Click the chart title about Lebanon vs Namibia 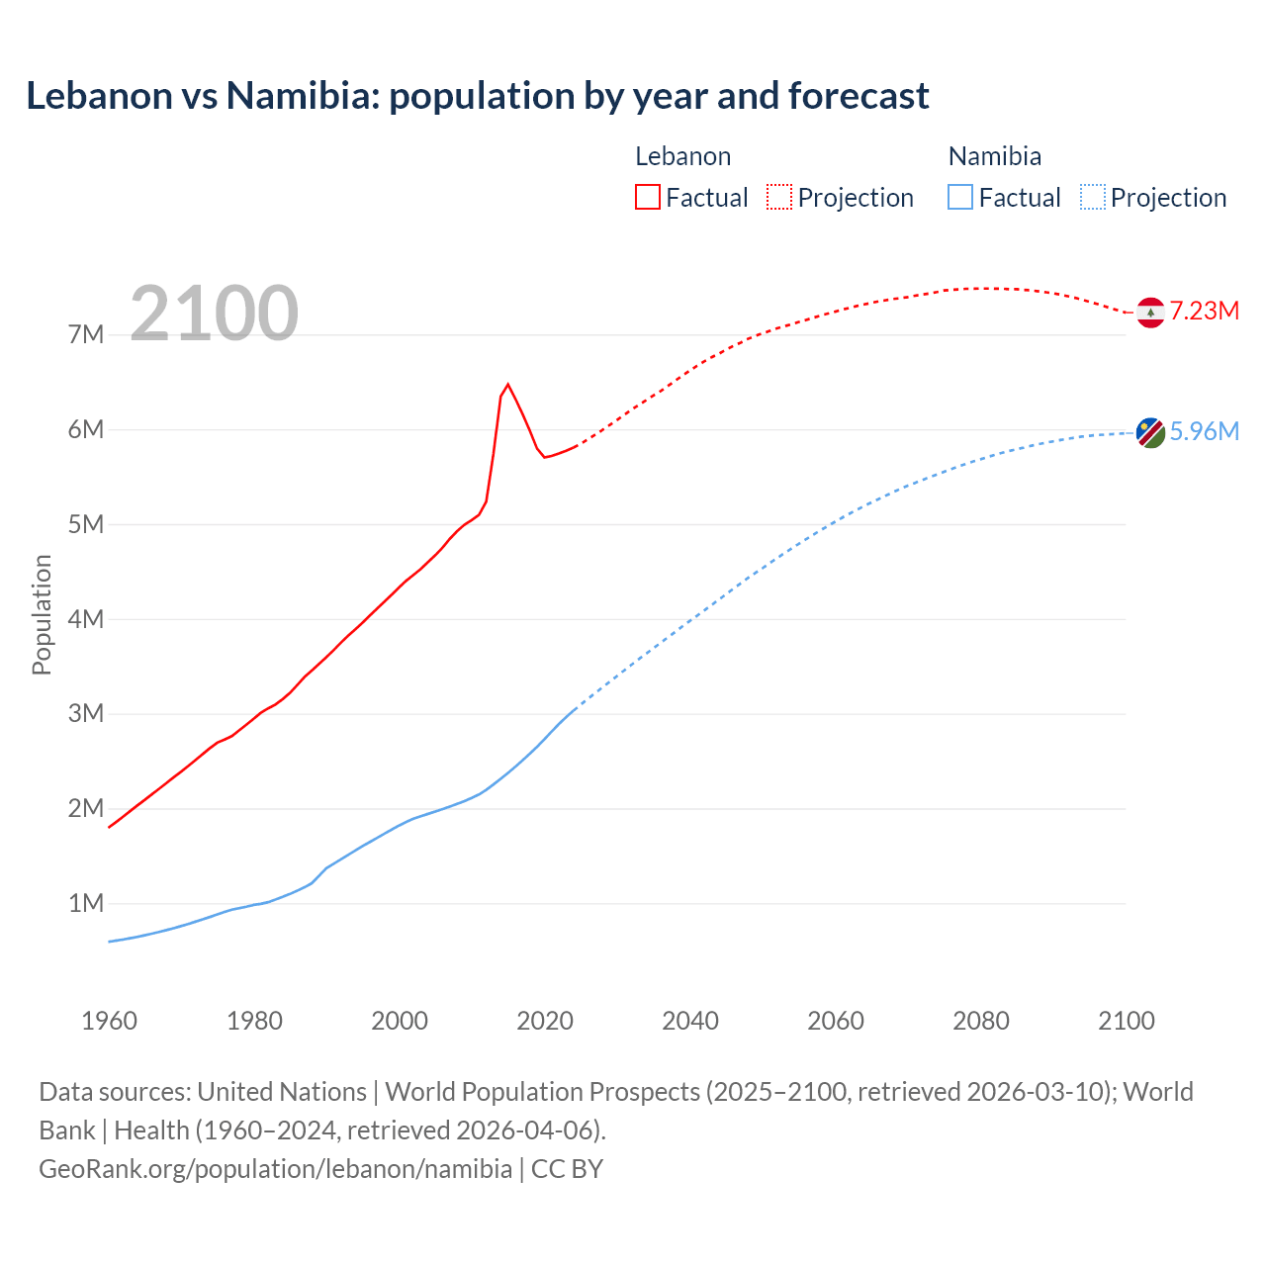click(x=477, y=96)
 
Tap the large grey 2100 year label click(x=214, y=314)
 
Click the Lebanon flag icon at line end click(x=1150, y=313)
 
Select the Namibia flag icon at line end click(x=1150, y=433)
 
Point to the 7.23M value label click(x=1204, y=311)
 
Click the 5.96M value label click(x=1204, y=431)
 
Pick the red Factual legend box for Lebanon click(x=647, y=197)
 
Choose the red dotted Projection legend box click(x=778, y=197)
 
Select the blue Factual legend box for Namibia click(x=959, y=197)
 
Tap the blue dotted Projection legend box click(x=1092, y=197)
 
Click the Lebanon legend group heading click(x=682, y=156)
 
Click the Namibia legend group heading click(x=994, y=156)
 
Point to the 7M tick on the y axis click(x=86, y=334)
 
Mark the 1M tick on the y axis click(x=86, y=903)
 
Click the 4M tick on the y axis click(x=86, y=619)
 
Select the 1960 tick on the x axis click(x=109, y=1021)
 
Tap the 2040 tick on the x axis click(x=690, y=1021)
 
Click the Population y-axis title click(x=42, y=614)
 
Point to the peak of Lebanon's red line click(x=507, y=384)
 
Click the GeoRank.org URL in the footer click(x=275, y=1168)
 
